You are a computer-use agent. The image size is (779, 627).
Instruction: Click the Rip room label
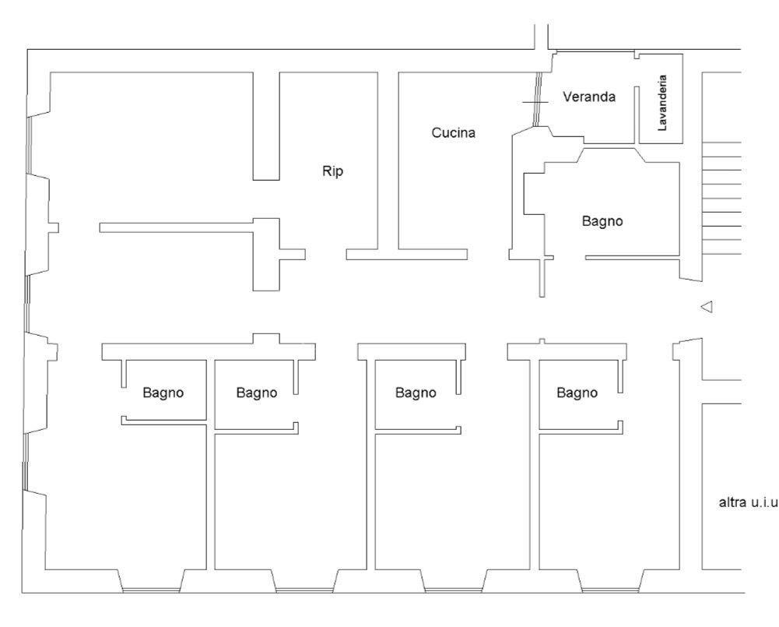pos(332,171)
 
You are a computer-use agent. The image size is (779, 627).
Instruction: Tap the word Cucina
pos(453,132)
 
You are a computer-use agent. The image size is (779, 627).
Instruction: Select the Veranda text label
pos(588,97)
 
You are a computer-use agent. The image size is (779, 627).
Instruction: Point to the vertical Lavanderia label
pos(661,103)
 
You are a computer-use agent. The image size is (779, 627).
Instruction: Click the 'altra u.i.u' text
pos(748,502)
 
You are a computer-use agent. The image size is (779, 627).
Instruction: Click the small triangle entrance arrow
pos(707,307)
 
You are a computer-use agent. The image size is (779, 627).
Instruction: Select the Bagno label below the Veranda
pos(602,221)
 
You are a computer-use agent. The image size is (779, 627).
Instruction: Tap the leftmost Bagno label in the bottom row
pos(163,393)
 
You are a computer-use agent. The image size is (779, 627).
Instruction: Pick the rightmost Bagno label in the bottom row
pos(577,393)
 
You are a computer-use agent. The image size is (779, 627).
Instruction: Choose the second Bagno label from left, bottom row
pos(256,393)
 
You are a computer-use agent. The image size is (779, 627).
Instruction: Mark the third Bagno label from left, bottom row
pos(416,393)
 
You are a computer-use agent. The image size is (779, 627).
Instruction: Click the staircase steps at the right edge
pos(721,198)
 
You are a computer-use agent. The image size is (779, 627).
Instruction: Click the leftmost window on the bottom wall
pos(150,590)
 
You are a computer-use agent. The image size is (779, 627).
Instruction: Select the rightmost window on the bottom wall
pos(610,590)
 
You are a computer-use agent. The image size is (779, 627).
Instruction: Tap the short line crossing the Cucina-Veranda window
pos(535,102)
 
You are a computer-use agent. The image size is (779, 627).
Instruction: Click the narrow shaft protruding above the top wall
pos(542,37)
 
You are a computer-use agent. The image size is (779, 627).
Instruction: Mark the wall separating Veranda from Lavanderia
pos(637,115)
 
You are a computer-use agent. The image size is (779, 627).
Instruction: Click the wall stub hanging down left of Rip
pos(266,126)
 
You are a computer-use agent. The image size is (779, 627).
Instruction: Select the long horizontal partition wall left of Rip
pos(177,227)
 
